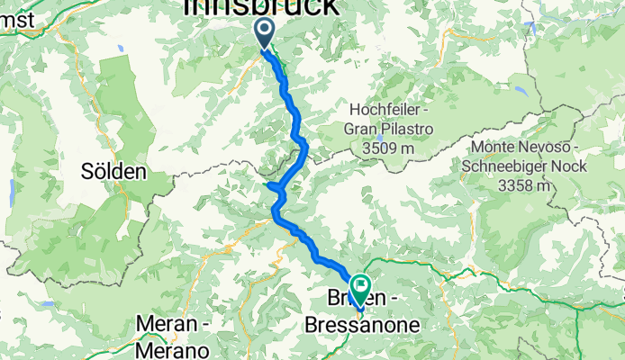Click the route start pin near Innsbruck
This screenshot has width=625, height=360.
click(x=265, y=33)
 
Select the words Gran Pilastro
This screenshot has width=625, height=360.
click(x=386, y=130)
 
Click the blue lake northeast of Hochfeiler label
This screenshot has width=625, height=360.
click(x=521, y=90)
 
